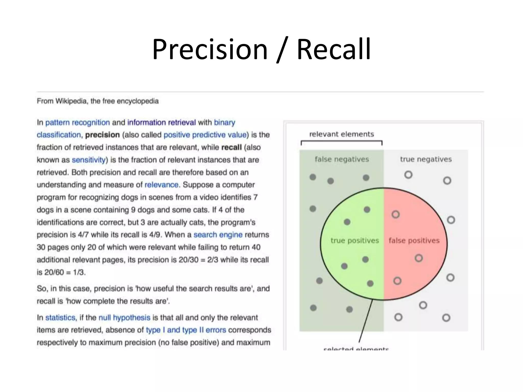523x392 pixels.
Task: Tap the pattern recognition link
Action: pyautogui.click(x=77, y=122)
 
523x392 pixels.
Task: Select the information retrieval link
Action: pyautogui.click(x=161, y=122)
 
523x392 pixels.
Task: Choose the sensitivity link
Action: pyautogui.click(x=89, y=160)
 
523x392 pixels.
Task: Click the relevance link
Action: pyautogui.click(x=161, y=185)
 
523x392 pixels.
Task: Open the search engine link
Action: pyautogui.click(x=218, y=235)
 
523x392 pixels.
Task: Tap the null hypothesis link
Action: pyautogui.click(x=124, y=318)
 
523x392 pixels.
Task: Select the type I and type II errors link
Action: pyautogui.click(x=186, y=330)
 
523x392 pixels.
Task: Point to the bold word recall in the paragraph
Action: pyautogui.click(x=231, y=148)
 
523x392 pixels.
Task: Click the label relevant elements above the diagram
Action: pyautogui.click(x=341, y=134)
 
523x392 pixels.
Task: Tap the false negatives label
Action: pyautogui.click(x=342, y=159)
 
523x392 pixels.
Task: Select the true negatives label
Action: pyautogui.click(x=426, y=159)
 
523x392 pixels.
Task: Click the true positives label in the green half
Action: pyautogui.click(x=354, y=241)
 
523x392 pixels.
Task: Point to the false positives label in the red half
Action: pyautogui.click(x=414, y=241)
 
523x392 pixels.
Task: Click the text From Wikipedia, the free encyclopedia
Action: pyautogui.click(x=98, y=101)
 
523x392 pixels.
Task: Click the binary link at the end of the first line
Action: pyautogui.click(x=224, y=122)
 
